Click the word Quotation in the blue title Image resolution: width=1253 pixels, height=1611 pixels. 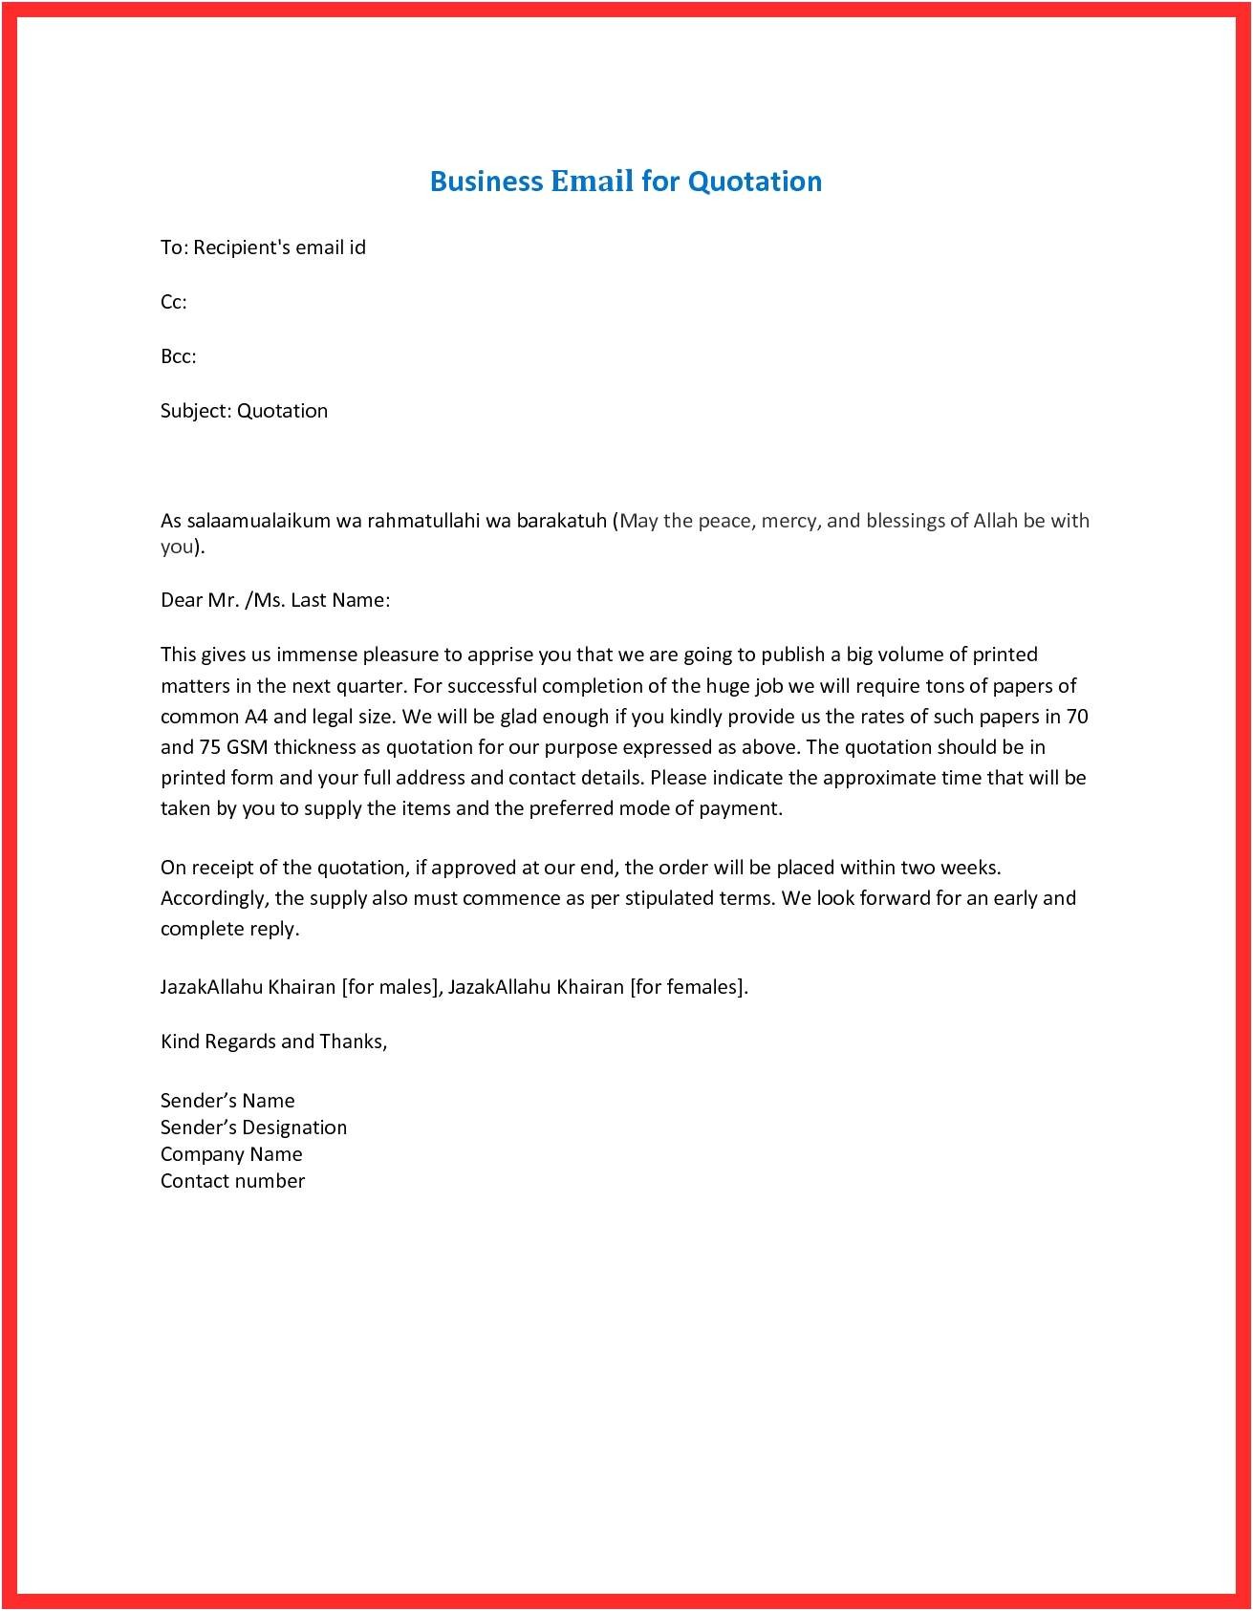coord(755,182)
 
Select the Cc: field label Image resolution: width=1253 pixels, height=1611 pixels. coord(173,302)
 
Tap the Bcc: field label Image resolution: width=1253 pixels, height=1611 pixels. coord(178,356)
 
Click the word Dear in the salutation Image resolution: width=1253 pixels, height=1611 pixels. coord(181,600)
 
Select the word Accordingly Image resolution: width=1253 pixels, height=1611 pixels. coord(214,898)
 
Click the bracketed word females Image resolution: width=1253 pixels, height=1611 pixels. coord(705,987)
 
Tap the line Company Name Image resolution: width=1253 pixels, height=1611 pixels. coord(231,1154)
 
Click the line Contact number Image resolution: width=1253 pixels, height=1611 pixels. coord(232,1181)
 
